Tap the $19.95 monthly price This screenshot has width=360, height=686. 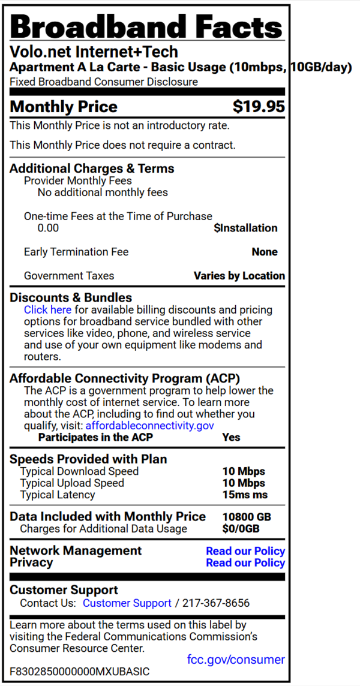(x=259, y=107)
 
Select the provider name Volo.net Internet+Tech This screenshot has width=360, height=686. (x=94, y=52)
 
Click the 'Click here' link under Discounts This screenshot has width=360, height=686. (x=47, y=310)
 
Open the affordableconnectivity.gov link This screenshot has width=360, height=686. (x=149, y=426)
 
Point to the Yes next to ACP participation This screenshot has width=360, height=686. (x=231, y=437)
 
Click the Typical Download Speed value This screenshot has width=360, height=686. (x=244, y=471)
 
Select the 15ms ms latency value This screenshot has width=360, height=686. (x=245, y=495)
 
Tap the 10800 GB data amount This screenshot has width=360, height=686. (x=247, y=517)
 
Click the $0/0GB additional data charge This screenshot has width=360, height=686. (x=241, y=529)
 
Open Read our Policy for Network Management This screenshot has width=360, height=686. (x=245, y=550)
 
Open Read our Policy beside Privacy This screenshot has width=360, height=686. (x=245, y=562)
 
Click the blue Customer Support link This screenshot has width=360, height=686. (x=127, y=603)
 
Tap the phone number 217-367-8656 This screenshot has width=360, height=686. (x=216, y=603)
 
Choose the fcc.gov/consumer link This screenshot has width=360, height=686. (x=236, y=660)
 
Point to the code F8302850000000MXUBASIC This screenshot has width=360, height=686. (x=80, y=672)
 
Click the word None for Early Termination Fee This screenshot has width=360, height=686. (x=265, y=252)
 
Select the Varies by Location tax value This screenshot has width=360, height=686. (x=239, y=276)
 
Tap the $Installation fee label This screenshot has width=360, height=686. (x=245, y=228)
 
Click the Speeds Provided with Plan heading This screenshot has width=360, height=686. (x=88, y=459)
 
